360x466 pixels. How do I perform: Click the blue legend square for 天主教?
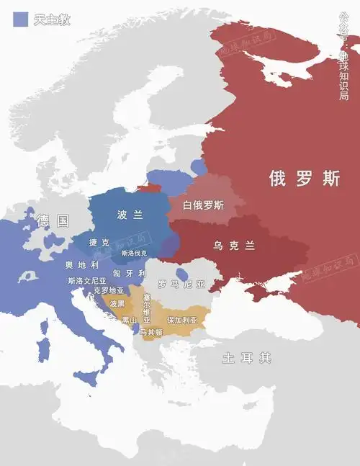pyautogui.click(x=21, y=19)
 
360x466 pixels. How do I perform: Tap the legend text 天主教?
pyautogui.click(x=52, y=19)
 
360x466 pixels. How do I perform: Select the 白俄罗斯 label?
pyautogui.click(x=203, y=205)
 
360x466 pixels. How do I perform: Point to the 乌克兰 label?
pyautogui.click(x=234, y=245)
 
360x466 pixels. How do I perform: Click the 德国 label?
pyautogui.click(x=53, y=221)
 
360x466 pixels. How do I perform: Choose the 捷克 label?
pyautogui.click(x=100, y=243)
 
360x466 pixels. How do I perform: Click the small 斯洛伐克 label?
pyautogui.click(x=134, y=254)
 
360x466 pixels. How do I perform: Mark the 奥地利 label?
pyautogui.click(x=81, y=264)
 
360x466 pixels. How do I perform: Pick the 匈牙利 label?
pyautogui.click(x=132, y=274)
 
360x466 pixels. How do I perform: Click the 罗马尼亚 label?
pyautogui.click(x=181, y=284)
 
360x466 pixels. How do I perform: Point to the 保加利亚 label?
pyautogui.click(x=181, y=319)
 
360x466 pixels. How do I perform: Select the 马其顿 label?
pyautogui.click(x=151, y=332)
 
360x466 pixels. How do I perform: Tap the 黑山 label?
pyautogui.click(x=130, y=320)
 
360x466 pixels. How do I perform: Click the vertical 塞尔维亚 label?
pyautogui.click(x=147, y=308)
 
